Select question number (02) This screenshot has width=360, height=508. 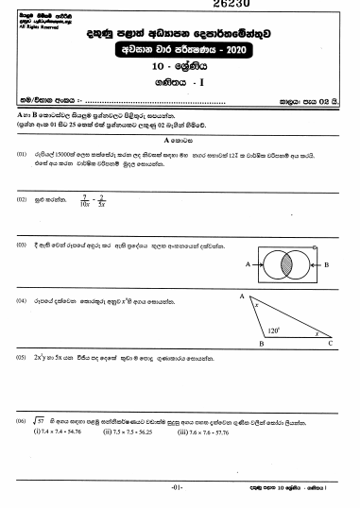20,200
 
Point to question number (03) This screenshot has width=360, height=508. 20,245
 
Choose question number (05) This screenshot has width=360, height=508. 20,360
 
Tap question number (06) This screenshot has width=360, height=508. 20,420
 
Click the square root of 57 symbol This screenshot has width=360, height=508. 40,420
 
